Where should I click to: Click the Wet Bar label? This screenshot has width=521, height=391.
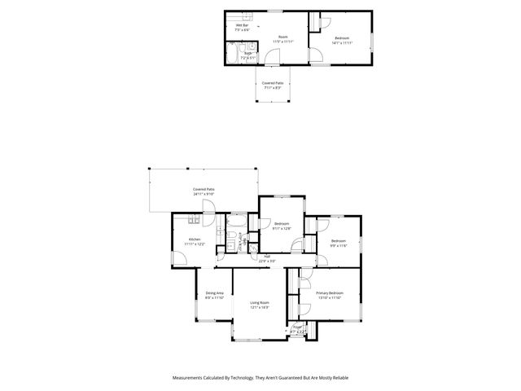click(243, 27)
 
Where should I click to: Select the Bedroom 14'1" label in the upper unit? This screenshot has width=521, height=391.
click(342, 40)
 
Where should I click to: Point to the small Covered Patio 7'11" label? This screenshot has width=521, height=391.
click(273, 85)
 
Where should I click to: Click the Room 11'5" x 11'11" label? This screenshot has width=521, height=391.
click(283, 39)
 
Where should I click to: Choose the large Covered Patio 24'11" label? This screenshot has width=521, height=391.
click(204, 191)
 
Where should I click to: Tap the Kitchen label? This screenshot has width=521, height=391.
click(195, 241)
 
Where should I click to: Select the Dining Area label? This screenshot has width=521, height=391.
click(215, 295)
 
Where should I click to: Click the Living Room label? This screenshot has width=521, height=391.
click(259, 304)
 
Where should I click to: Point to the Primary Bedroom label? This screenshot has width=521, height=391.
click(330, 295)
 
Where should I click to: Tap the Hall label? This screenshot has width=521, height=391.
click(266, 258)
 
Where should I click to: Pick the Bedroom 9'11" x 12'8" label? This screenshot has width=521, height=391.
click(282, 226)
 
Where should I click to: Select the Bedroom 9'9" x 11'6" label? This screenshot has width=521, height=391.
click(339, 243)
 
